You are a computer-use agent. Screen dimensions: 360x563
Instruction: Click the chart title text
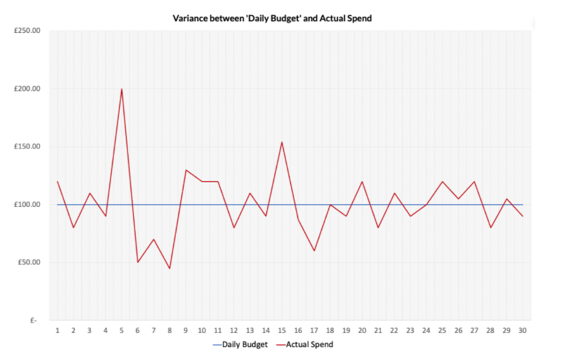point(272,18)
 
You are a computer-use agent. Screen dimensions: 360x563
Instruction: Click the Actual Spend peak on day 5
point(122,89)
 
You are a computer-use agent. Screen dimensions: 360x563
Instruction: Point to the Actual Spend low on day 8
point(169,268)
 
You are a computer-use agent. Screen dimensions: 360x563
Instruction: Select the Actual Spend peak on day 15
point(282,142)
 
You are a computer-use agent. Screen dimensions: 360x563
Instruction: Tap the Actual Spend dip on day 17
point(314,251)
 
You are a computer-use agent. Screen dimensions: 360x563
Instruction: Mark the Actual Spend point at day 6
point(138,262)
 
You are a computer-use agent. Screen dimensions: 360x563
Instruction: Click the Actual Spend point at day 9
point(186,170)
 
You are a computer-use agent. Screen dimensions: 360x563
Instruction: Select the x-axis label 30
point(522,330)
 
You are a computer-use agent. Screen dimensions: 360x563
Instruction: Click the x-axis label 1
point(58,330)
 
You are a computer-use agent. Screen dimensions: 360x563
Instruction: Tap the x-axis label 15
point(282,330)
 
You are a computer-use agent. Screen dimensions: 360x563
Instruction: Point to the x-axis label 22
point(394,330)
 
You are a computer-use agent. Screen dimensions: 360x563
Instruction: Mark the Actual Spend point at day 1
point(58,182)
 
